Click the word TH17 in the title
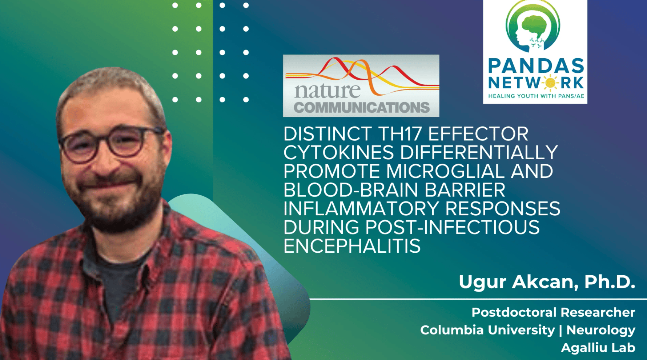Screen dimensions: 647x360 point(400,134)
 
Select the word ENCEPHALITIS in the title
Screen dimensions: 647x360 point(352,246)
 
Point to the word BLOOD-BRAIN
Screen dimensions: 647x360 point(351,190)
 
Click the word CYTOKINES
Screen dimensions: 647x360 point(338,152)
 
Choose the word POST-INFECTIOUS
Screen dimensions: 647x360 point(452,227)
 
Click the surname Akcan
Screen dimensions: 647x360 point(546,282)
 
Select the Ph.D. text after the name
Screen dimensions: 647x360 point(610,282)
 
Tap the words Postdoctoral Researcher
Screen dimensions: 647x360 point(553,312)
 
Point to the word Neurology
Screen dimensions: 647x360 point(600,331)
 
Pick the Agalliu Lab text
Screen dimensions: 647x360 point(598,348)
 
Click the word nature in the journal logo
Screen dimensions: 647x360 point(327,91)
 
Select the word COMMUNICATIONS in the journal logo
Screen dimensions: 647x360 point(362,107)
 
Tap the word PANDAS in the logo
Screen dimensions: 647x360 point(536,66)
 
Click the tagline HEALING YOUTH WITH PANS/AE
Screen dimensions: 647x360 point(536,96)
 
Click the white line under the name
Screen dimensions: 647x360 point(478,299)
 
